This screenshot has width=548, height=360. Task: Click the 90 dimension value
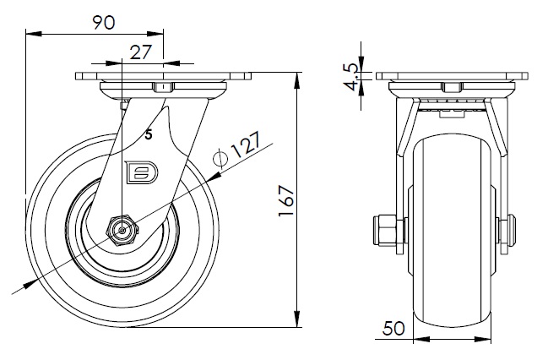pos(104,23)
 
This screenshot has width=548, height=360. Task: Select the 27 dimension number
pos(142,52)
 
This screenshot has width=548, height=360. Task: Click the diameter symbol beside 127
pos(221,158)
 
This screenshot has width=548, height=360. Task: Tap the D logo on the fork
pos(138,172)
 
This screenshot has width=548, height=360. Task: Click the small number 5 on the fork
pos(149,134)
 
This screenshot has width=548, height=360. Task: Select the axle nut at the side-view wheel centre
pos(123,229)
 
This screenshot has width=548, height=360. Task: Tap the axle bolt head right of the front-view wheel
pos(507,231)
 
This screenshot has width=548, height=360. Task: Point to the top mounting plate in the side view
pos(164,77)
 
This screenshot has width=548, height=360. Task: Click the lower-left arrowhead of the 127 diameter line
pos(33,282)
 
